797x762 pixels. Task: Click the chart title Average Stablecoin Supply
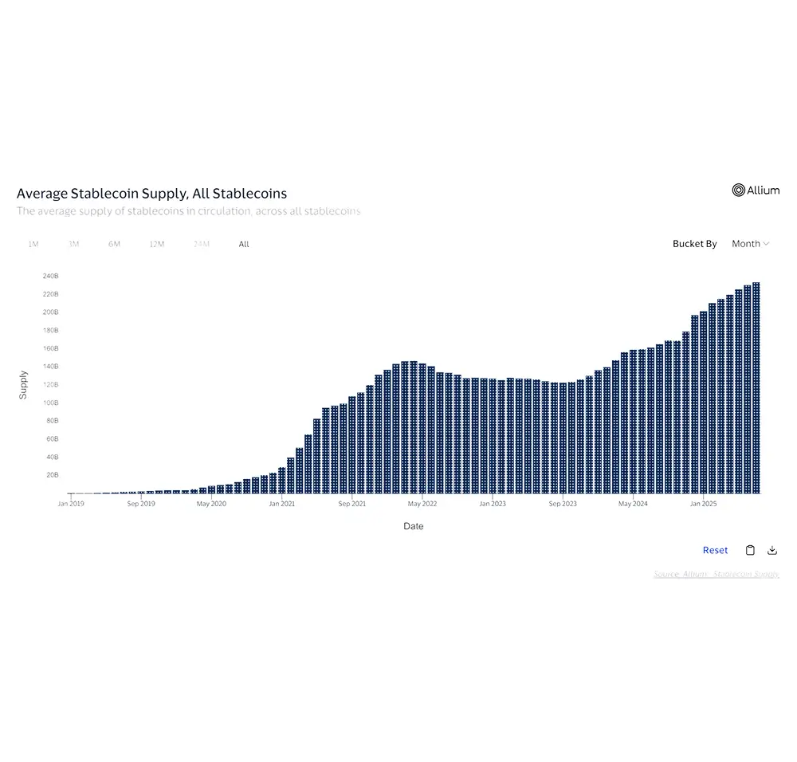click(151, 194)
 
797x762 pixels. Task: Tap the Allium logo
click(756, 190)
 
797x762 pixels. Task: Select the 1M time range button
click(33, 244)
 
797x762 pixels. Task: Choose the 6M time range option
click(114, 244)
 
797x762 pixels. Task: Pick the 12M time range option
click(156, 244)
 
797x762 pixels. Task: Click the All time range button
click(244, 244)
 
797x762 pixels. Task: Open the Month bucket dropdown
click(750, 244)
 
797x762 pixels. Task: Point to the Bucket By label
click(694, 244)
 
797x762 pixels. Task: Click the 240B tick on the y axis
click(50, 276)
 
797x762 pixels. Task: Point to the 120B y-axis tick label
click(50, 384)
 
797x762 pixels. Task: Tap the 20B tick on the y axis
click(50, 475)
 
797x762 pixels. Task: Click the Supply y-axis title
click(23, 384)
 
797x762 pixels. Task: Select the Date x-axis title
click(413, 526)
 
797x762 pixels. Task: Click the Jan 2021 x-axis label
click(281, 504)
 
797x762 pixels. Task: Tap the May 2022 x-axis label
click(422, 504)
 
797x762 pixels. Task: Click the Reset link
click(715, 550)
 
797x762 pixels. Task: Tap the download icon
click(771, 550)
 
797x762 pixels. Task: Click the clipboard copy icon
click(750, 550)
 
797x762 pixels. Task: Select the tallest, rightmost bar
click(756, 388)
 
